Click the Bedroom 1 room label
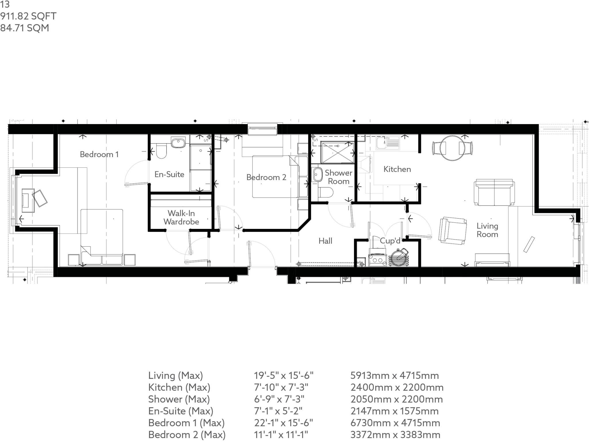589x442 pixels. pos(99,155)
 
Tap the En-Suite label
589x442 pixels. pos(169,174)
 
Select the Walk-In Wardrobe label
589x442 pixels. pos(181,217)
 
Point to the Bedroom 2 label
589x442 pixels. pos(266,177)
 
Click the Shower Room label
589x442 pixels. pos(339,177)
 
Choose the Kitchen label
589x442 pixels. pos(397,169)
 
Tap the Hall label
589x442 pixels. pos(325,241)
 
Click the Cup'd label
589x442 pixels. pos(390,241)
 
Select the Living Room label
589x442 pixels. pos(487,230)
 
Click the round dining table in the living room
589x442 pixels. pos(452,148)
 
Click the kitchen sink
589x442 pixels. pos(388,143)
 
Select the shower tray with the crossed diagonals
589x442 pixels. pos(338,152)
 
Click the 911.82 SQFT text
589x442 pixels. pos(28,16)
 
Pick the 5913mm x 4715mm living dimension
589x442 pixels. pos(395,375)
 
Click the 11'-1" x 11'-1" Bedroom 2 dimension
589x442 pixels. pos(281,435)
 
